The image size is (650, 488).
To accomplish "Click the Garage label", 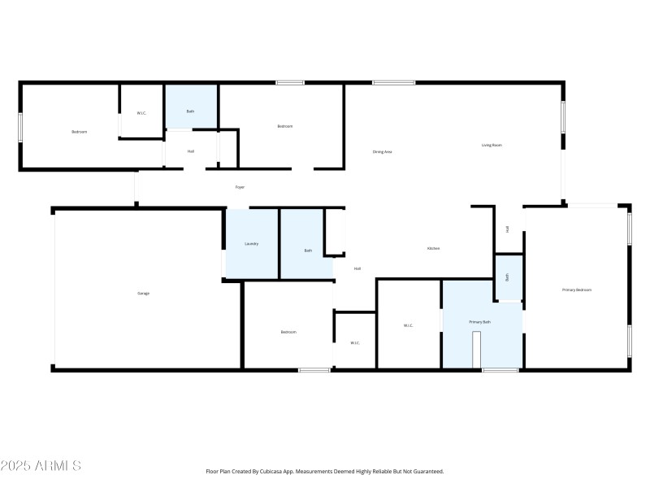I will click(143, 293).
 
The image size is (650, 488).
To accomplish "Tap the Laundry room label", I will click(252, 243).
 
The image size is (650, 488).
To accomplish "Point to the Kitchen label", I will click(434, 248).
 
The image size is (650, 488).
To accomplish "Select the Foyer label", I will click(240, 187).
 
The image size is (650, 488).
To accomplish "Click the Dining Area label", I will click(383, 151).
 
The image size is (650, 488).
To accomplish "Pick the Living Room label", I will click(492, 146).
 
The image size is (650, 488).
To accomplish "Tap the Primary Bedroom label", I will click(577, 290).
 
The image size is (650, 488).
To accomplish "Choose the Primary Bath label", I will click(480, 322).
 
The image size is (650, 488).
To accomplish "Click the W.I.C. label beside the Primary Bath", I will click(409, 325).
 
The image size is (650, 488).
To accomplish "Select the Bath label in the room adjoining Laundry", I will click(308, 251).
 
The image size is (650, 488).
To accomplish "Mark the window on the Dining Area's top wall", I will click(394, 82).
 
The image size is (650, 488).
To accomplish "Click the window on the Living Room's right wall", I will click(562, 117).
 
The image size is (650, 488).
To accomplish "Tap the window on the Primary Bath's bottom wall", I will click(500, 370).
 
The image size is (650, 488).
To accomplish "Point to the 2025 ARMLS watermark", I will click(41, 466).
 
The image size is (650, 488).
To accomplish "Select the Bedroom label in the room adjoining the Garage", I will click(288, 332).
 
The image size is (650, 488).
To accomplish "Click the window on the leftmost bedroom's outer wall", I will click(20, 127).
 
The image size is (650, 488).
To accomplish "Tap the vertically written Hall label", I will click(508, 229).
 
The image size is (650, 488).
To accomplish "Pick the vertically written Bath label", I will click(507, 277).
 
